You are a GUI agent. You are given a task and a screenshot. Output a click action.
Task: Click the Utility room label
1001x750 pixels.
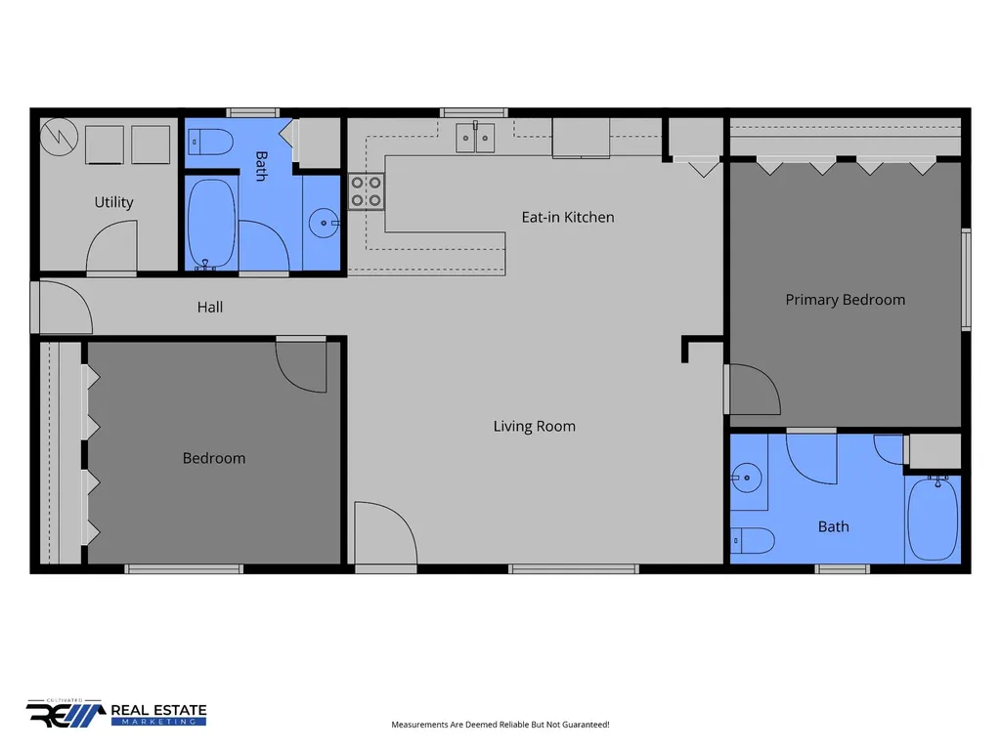113,202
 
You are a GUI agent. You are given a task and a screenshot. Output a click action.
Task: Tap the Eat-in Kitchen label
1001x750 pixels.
568,218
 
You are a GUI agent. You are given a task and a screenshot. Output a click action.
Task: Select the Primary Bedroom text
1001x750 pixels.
846,300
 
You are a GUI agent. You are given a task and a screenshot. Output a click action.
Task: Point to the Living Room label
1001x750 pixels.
535,426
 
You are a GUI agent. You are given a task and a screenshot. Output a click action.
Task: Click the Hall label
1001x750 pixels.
210,308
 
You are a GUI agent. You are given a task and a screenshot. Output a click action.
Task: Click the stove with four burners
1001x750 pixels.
367,191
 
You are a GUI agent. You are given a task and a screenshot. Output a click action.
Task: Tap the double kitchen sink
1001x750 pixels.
475,138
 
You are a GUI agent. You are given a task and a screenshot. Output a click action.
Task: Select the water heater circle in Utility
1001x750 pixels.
59,137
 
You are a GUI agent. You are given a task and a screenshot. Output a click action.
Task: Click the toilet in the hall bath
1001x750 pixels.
211,143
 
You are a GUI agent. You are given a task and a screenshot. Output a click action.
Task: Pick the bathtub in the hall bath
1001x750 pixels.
211,224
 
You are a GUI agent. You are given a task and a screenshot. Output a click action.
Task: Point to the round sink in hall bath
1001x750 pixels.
325,224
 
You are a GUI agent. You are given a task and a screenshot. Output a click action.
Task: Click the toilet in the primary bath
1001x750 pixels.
753,541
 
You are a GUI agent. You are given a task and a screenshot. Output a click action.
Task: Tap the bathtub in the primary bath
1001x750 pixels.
933,518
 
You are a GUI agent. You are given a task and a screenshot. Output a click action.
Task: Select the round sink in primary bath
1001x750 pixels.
746,478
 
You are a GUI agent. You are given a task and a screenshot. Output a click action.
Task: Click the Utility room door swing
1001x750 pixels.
111,247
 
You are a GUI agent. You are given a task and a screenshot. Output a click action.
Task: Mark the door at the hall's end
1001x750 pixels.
63,308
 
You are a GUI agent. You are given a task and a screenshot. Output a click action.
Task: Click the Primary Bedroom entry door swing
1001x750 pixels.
754,389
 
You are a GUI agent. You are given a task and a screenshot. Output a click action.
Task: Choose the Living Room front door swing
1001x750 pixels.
385,534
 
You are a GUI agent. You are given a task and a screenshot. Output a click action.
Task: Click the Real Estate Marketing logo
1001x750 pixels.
116,713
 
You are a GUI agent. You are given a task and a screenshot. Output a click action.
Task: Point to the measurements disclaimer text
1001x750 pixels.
500,725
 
